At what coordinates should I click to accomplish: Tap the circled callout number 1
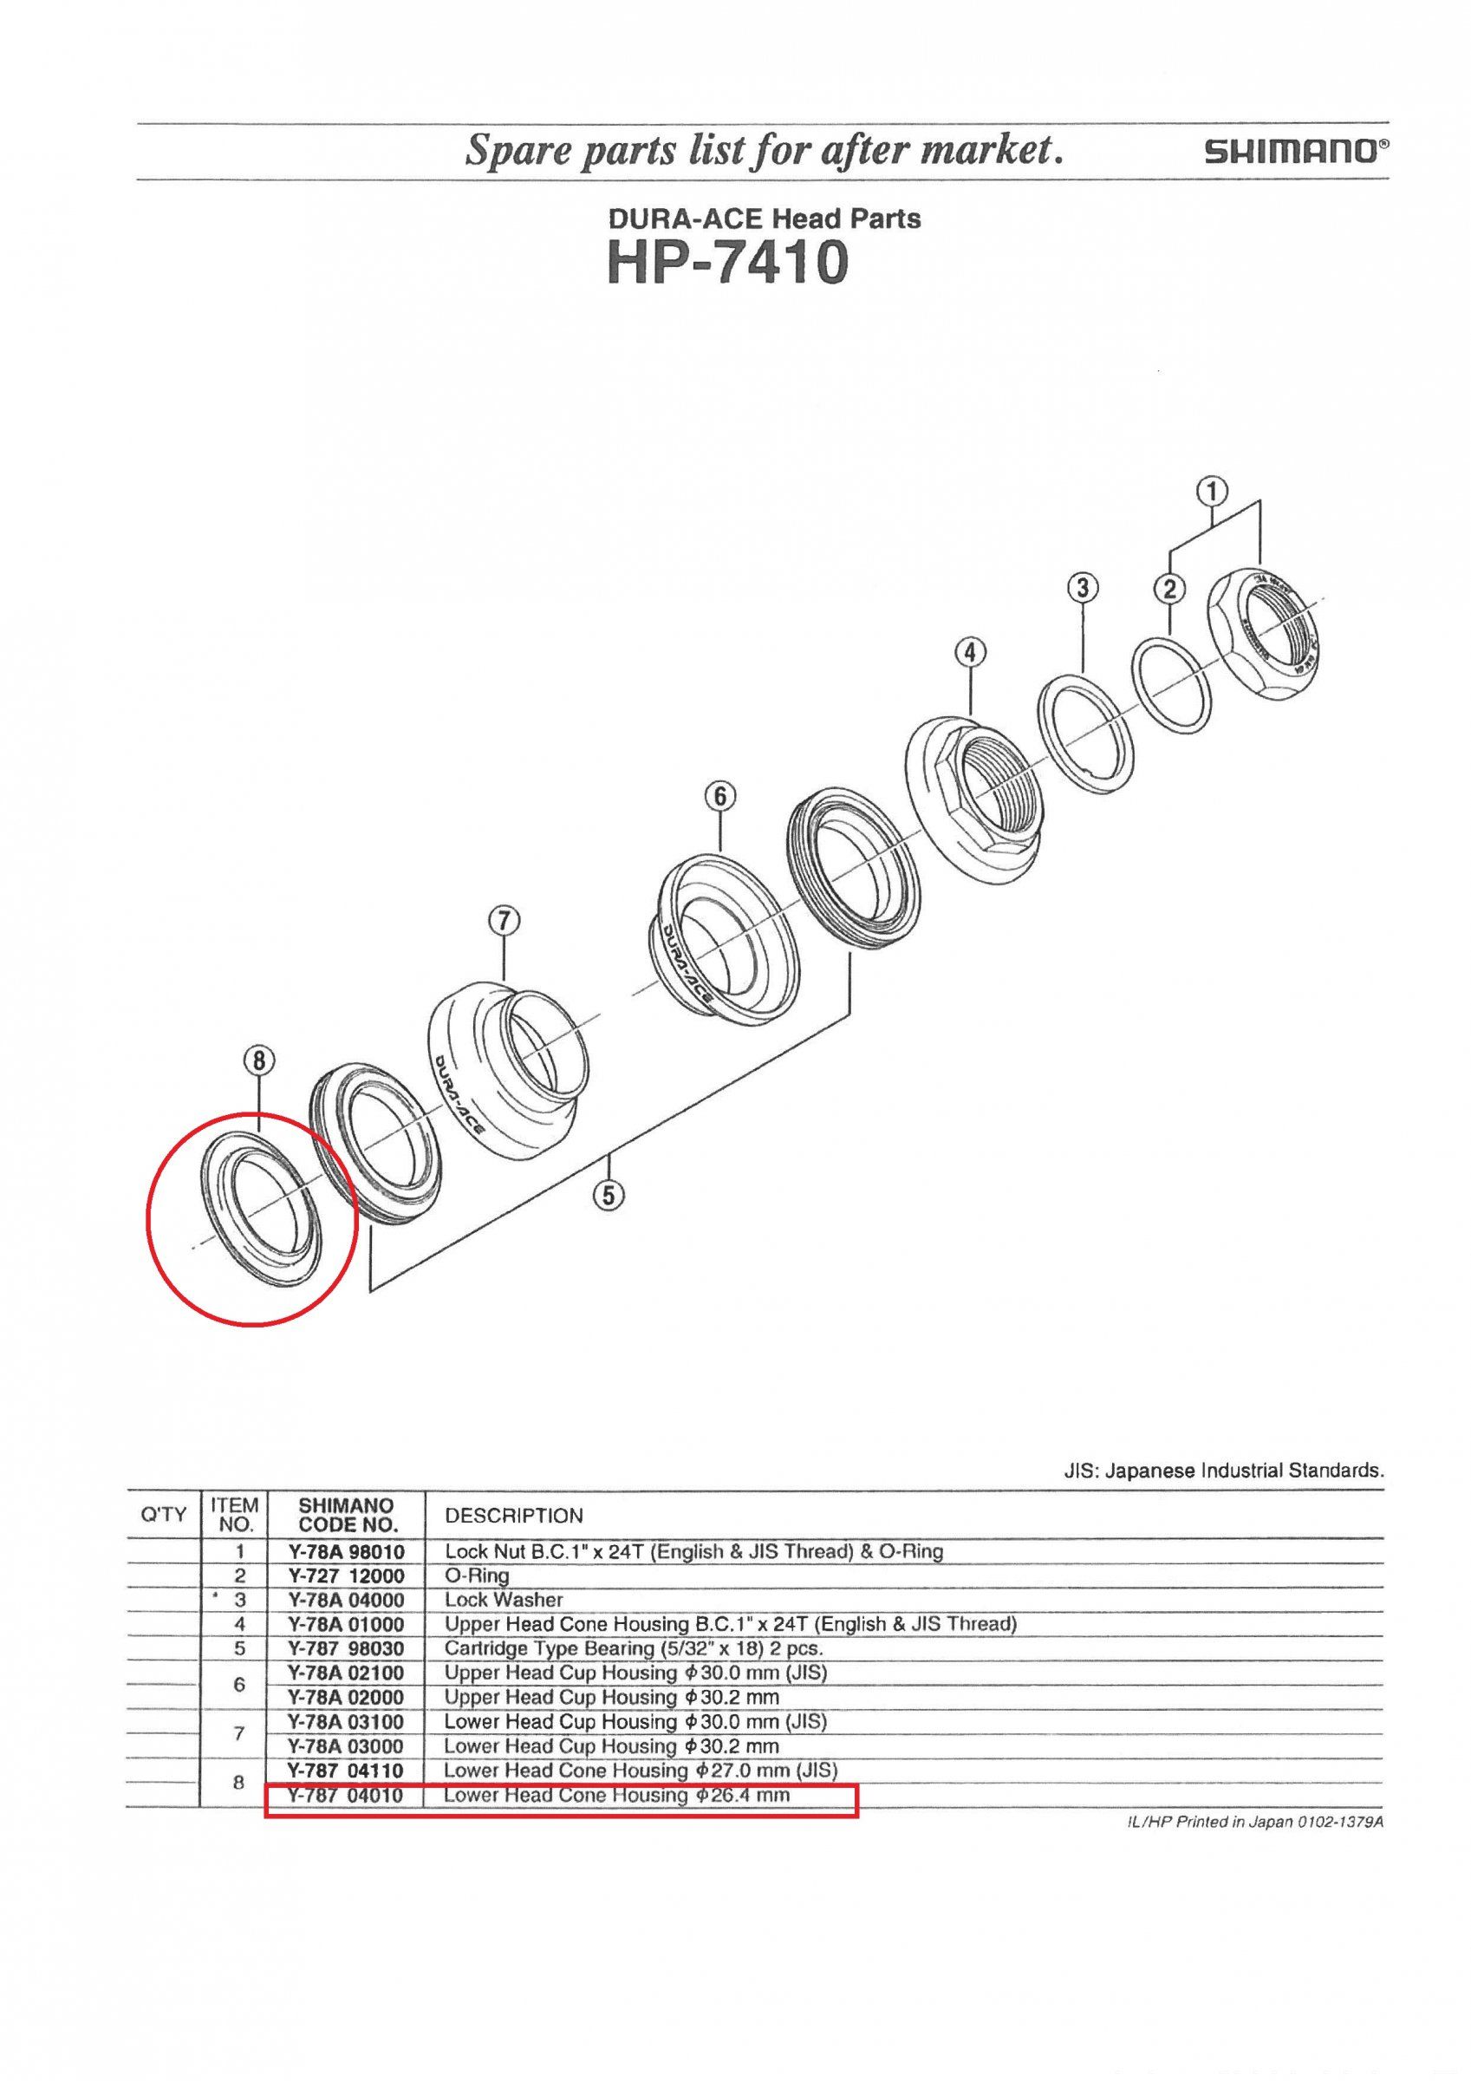[x=1213, y=492]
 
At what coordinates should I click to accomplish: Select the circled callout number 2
[x=1170, y=589]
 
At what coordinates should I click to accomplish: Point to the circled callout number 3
[x=1083, y=588]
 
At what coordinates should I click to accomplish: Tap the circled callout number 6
[x=719, y=797]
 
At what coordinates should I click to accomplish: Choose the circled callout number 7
[x=503, y=922]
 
